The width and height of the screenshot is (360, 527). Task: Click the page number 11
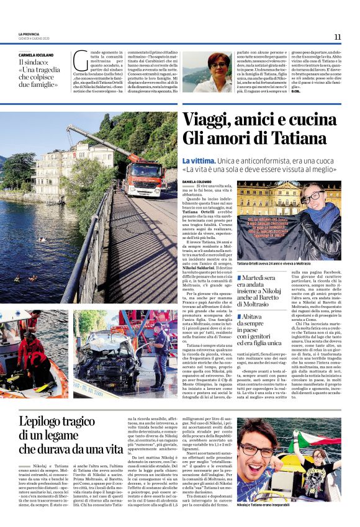click(x=337, y=37)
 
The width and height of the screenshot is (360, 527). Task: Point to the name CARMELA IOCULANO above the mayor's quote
click(x=36, y=55)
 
